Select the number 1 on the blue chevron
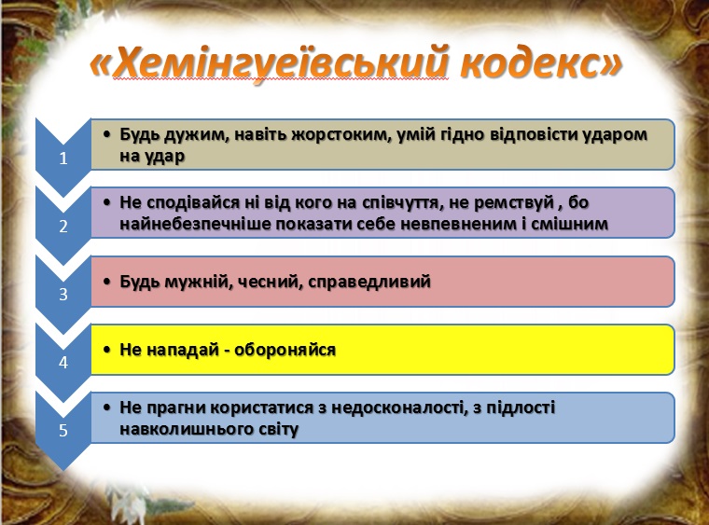pyautogui.click(x=63, y=159)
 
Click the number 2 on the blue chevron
pyautogui.click(x=63, y=227)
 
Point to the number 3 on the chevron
pyautogui.click(x=63, y=295)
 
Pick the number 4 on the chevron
pyautogui.click(x=63, y=363)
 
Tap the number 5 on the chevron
pyautogui.click(x=63, y=431)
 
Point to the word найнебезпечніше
pyautogui.click(x=193, y=224)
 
